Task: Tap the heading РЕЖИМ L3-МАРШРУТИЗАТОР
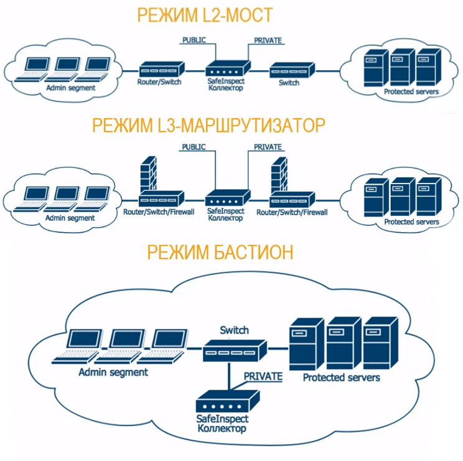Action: point(208,126)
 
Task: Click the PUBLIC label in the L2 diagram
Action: point(193,41)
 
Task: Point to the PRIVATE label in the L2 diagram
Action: point(268,41)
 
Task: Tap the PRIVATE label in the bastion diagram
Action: point(263,376)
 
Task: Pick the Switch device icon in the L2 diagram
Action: point(290,70)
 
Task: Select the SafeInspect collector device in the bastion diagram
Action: point(221,405)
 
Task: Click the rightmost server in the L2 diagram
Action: point(428,68)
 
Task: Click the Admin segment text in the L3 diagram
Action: point(70,218)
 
